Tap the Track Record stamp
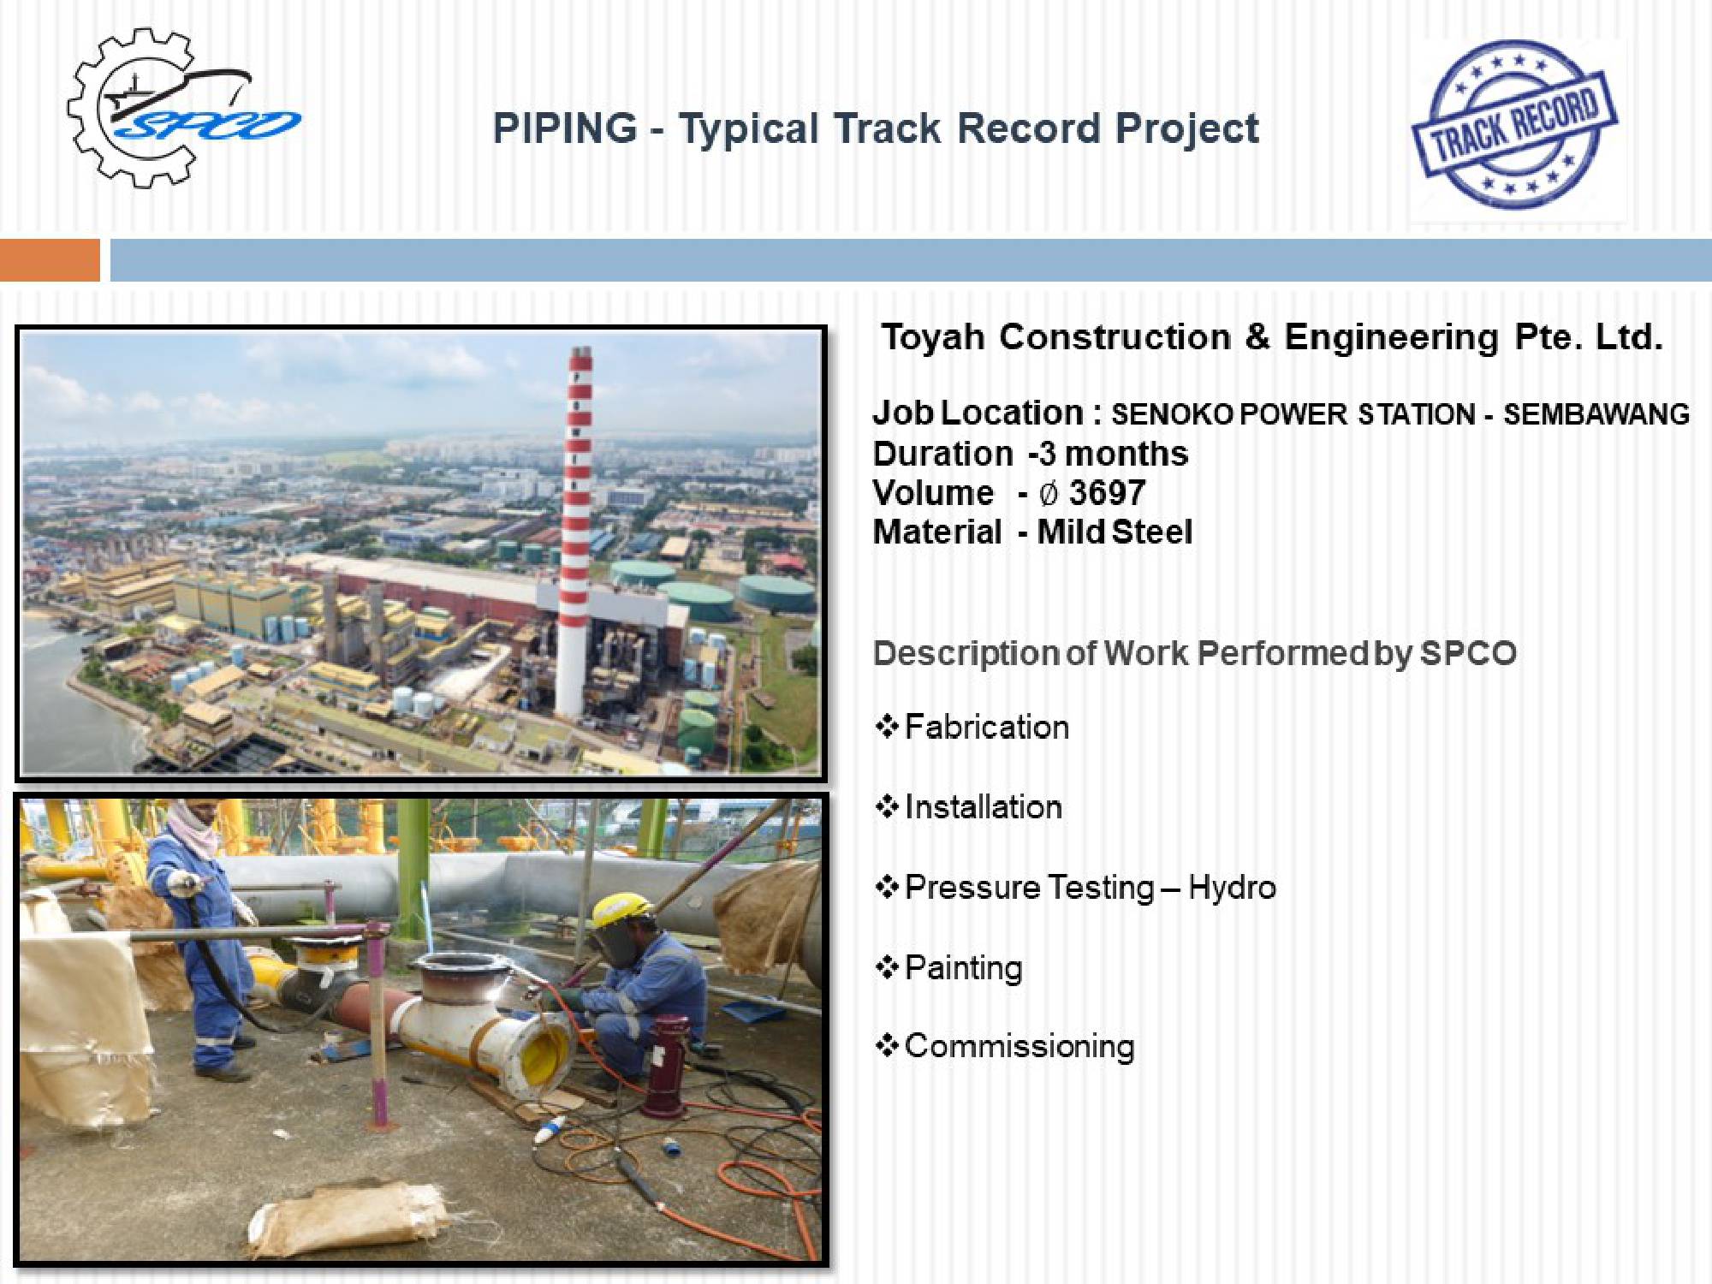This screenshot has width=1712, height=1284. click(x=1514, y=125)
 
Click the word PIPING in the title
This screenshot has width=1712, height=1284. click(x=565, y=128)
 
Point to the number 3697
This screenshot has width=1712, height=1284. click(x=1107, y=492)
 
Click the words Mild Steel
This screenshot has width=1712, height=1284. click(x=1115, y=532)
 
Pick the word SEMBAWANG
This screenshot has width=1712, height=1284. click(x=1596, y=414)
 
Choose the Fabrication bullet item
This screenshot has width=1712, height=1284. click(x=972, y=727)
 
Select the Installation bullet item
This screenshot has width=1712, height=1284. click(x=969, y=806)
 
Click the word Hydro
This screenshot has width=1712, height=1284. click(x=1232, y=888)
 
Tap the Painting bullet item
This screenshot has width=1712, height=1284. click(x=949, y=968)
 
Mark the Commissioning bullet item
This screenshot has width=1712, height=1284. click(x=1005, y=1046)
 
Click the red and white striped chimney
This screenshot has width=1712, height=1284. click(x=577, y=531)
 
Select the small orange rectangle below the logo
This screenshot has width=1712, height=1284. click(x=50, y=260)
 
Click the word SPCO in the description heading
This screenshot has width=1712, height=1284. click(x=1468, y=653)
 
